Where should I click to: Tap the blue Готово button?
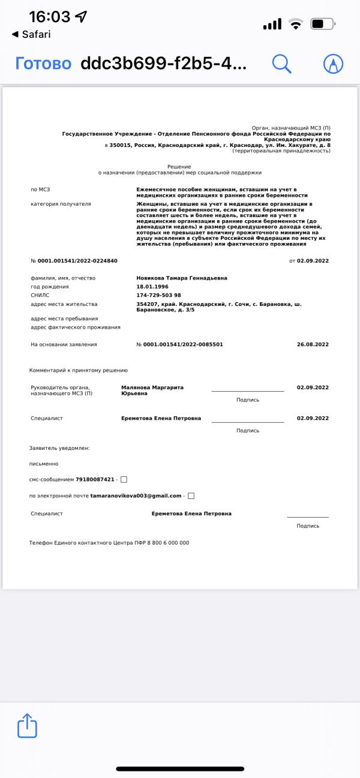pos(43,64)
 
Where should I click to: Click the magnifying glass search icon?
pos(281,63)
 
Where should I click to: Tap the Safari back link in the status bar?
pos(31,34)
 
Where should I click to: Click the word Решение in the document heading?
pos(179,166)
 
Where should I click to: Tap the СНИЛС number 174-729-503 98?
pos(158,295)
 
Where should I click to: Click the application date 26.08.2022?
pos(313,344)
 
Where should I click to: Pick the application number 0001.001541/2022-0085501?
pos(183,344)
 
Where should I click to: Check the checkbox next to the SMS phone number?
pos(124,480)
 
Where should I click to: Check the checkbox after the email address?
pos(191,496)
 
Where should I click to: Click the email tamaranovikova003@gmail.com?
pos(136,495)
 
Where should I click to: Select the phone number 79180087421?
pos(95,480)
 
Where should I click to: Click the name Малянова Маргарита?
pos(152,388)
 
